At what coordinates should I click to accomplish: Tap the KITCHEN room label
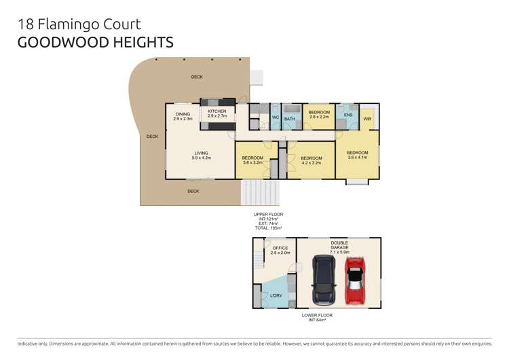(x=217, y=111)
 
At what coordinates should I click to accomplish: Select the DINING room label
(x=183, y=114)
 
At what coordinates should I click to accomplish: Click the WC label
(x=276, y=118)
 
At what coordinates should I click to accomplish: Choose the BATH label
(x=290, y=118)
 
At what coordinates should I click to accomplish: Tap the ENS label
(x=348, y=115)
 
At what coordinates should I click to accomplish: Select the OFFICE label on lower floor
(x=280, y=249)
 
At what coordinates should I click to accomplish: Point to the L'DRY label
(x=276, y=295)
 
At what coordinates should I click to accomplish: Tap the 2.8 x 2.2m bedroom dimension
(x=319, y=117)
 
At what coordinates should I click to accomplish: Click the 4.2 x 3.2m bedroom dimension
(x=311, y=163)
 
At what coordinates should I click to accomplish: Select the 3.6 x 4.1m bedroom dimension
(x=357, y=158)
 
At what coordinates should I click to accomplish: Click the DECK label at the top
(x=197, y=77)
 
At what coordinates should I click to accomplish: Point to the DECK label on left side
(x=152, y=137)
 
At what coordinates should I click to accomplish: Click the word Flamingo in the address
(x=68, y=24)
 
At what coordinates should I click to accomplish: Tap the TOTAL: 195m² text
(x=268, y=228)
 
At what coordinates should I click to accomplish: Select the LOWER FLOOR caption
(x=318, y=315)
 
